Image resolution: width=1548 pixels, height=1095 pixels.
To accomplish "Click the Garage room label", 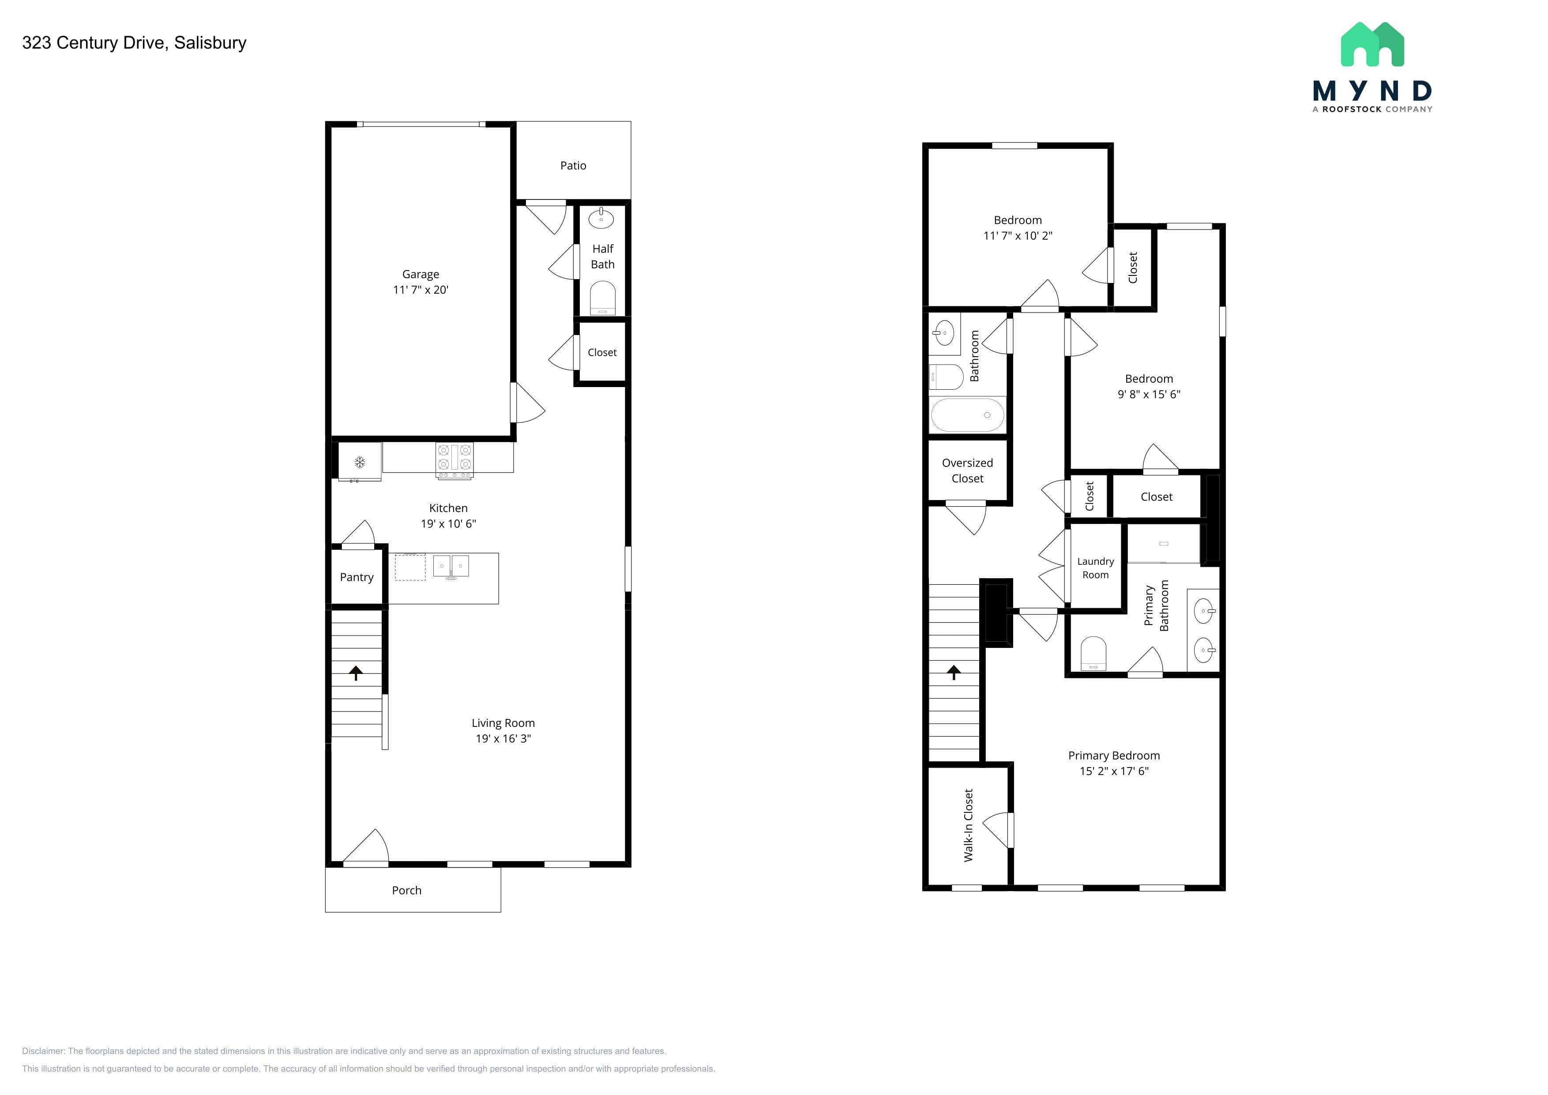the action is (421, 275).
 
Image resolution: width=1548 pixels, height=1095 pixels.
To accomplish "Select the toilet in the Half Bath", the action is (603, 298).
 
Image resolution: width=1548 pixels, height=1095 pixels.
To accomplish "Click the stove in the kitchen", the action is (455, 460).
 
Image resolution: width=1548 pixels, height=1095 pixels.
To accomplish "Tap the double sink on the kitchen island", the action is (451, 566).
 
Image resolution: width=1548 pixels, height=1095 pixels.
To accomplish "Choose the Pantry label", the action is (357, 577).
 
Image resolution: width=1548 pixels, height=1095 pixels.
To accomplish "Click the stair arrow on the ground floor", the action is (356, 672).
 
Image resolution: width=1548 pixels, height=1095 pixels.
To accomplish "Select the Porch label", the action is (406, 891).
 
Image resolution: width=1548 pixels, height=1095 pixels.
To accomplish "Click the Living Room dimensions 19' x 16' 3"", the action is (503, 738).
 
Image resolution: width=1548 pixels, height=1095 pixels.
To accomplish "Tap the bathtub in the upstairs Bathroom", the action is (967, 415).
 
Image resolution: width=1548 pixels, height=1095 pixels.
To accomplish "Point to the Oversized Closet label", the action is (967, 470).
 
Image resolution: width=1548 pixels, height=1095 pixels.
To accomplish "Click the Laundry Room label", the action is (1096, 568).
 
